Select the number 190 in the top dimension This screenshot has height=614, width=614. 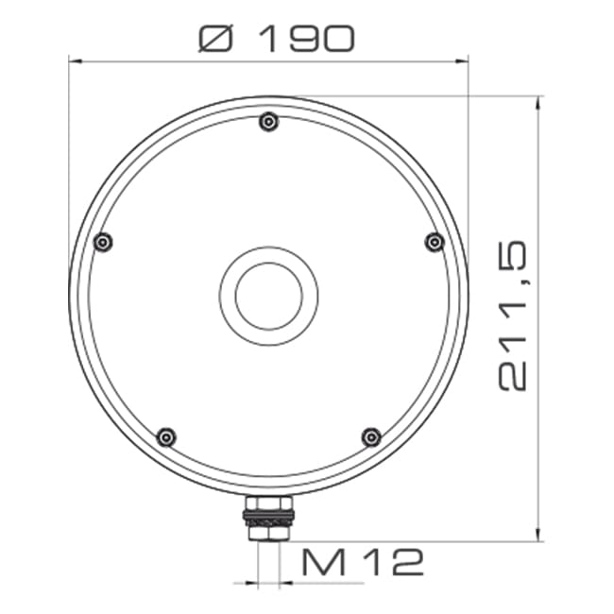click(305, 37)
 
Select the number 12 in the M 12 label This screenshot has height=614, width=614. click(395, 563)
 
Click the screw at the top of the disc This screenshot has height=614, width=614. click(269, 121)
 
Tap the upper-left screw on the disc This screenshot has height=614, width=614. click(104, 242)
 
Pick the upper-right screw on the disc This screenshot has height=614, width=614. click(435, 242)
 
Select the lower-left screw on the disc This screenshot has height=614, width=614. click(166, 436)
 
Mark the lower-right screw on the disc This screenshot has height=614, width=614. click(372, 436)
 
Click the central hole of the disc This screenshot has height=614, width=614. click(269, 296)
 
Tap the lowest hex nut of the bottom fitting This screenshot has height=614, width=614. click(269, 534)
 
